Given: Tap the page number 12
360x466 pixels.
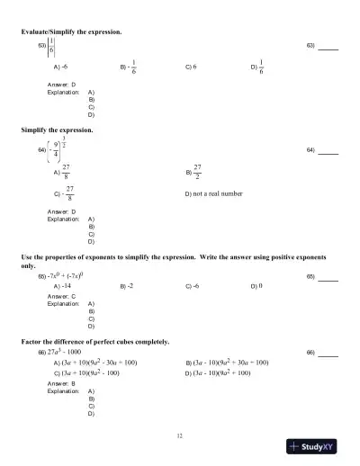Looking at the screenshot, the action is pyautogui.click(x=180, y=436).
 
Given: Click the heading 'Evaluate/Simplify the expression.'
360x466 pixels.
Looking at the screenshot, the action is pyautogui.click(x=71, y=32).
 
